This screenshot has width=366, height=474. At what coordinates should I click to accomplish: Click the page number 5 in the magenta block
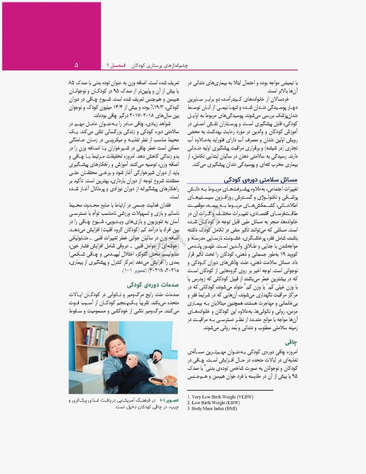point(77,64)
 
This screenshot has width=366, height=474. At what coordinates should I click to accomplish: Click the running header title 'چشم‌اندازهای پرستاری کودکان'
point(162,65)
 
